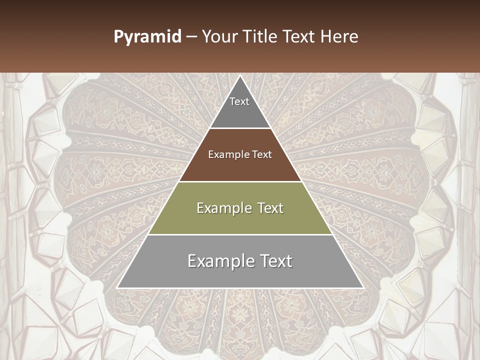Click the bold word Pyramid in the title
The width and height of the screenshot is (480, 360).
[x=147, y=37]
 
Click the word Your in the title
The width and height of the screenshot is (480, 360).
[x=219, y=37]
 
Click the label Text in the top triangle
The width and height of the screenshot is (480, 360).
[x=239, y=101]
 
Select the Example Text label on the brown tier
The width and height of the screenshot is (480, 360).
[x=240, y=154]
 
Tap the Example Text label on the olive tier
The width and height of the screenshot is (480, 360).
[x=240, y=208]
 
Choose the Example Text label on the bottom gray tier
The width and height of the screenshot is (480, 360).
[x=240, y=261]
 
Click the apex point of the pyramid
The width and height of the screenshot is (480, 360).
[x=240, y=76]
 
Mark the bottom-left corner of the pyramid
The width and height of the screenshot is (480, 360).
[x=117, y=287]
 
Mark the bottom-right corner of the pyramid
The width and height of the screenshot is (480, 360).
[x=362, y=287]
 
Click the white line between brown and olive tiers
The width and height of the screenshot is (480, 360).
[x=240, y=181]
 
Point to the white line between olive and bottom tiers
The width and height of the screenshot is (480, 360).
[x=240, y=234]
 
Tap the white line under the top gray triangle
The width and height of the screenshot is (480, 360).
[x=240, y=128]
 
